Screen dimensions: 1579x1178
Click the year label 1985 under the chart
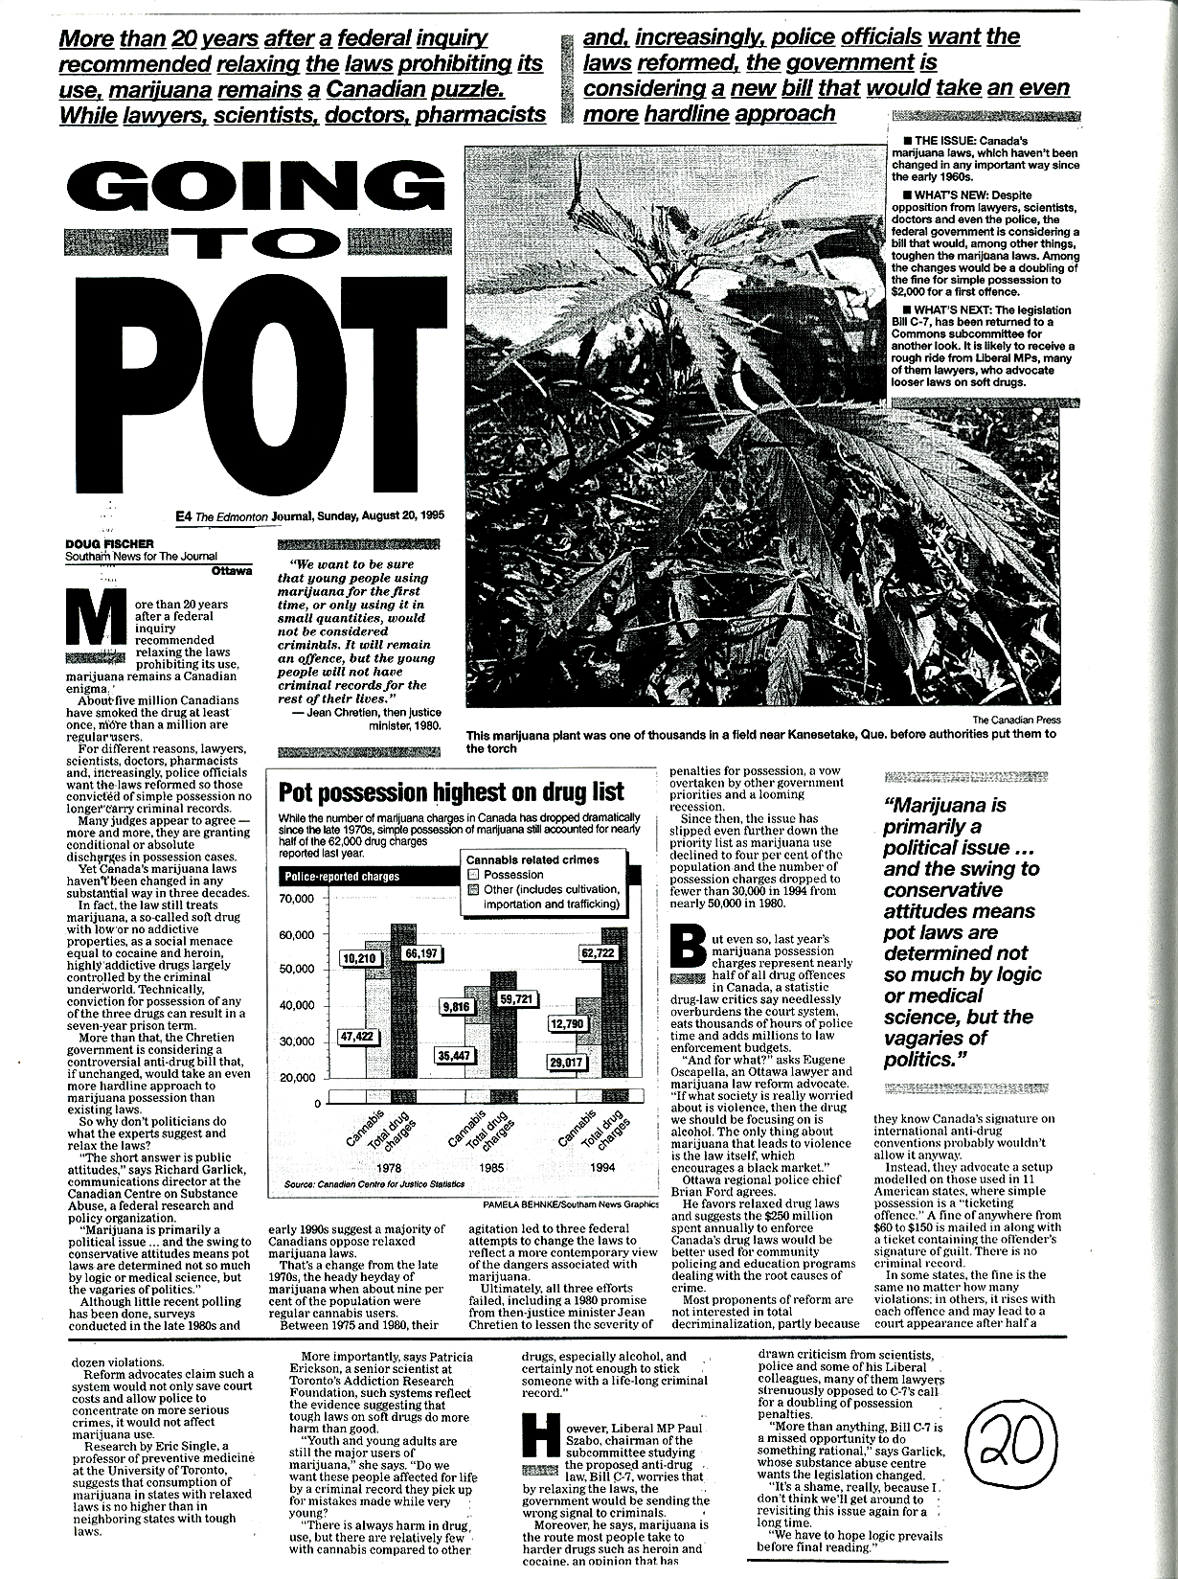coord(489,1169)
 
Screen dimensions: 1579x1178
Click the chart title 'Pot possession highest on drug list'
coord(450,793)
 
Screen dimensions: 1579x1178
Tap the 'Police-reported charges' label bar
coord(342,876)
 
